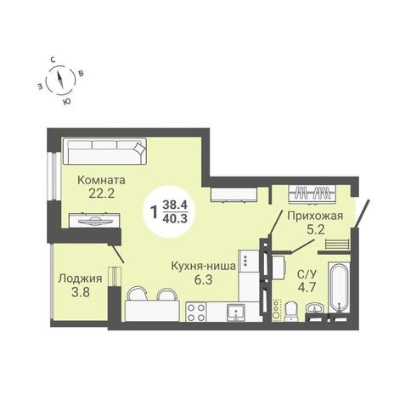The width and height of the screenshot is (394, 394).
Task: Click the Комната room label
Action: [101, 180]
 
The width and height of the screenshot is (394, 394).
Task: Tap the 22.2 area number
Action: [101, 194]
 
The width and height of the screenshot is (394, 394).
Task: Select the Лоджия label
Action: [80, 279]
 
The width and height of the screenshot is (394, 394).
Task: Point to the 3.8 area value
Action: [81, 292]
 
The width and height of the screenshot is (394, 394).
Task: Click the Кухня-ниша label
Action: [204, 266]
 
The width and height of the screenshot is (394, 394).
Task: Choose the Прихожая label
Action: [315, 216]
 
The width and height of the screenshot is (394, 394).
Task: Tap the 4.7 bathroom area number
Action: [307, 287]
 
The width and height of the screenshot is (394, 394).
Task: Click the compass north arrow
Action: [60, 79]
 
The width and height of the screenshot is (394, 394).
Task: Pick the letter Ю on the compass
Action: [66, 102]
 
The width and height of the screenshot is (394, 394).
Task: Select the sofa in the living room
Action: [104, 151]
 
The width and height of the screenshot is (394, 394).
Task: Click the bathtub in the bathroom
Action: [339, 288]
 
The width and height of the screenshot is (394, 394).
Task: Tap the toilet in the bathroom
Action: [291, 311]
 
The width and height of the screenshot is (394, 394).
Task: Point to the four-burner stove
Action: [195, 312]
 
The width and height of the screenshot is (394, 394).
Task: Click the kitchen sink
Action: [236, 312]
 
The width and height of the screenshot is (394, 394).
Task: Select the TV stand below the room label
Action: [94, 220]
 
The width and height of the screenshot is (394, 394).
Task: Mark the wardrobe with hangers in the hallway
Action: [312, 194]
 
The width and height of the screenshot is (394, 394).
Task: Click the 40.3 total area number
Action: [175, 218]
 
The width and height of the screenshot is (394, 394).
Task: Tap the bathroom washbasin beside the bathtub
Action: [314, 308]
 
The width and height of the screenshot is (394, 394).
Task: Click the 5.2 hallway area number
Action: [315, 230]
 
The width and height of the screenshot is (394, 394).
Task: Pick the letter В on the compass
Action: [81, 73]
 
